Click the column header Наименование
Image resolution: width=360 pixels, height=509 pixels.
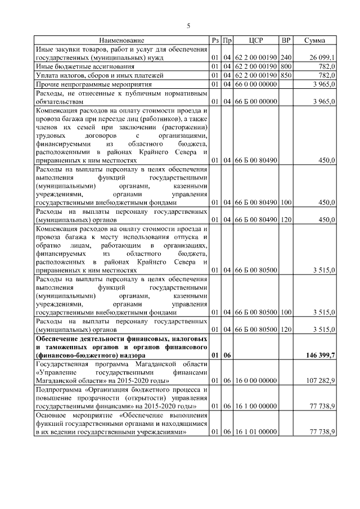[121, 40]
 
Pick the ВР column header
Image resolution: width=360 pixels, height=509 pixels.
[286, 40]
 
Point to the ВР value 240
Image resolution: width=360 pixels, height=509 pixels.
[286, 57]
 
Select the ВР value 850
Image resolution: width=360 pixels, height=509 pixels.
[286, 75]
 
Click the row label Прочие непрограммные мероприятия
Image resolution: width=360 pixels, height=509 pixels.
[90, 84]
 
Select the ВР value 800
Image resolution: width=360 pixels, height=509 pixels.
[286, 66]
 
